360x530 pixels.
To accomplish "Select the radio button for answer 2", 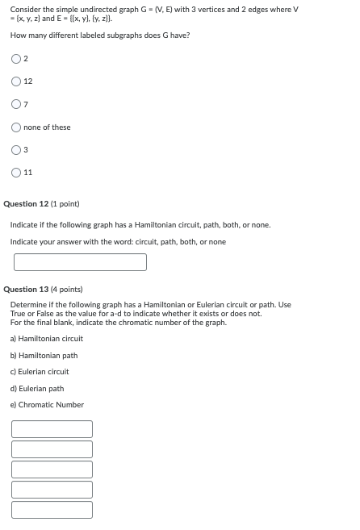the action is coord(17,59).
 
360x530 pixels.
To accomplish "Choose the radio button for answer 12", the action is coord(17,81).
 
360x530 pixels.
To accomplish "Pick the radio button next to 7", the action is coord(17,104).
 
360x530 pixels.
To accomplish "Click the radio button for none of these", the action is coord(17,127).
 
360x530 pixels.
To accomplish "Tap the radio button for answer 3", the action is coord(17,149).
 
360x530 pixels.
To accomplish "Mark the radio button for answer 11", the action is coord(17,172).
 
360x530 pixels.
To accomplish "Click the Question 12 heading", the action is coord(41,204).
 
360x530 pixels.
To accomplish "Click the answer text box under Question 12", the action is coord(80,262).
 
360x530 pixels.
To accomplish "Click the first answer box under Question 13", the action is coord(52,429).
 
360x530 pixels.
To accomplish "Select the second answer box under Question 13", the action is coord(52,449).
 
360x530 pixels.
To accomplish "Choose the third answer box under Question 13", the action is coord(52,469).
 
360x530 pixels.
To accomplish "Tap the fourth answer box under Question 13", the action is coord(52,490).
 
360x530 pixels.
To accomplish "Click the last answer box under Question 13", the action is coord(52,510).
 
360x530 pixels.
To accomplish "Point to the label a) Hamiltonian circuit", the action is coord(46,339).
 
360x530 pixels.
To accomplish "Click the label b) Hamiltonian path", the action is coord(44,356).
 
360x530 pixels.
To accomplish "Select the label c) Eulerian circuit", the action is coord(40,372).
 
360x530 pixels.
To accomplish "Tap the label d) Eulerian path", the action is coord(37,389).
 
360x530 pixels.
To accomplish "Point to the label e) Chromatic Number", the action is coord(47,405).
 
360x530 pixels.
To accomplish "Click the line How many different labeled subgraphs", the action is coord(99,35).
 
